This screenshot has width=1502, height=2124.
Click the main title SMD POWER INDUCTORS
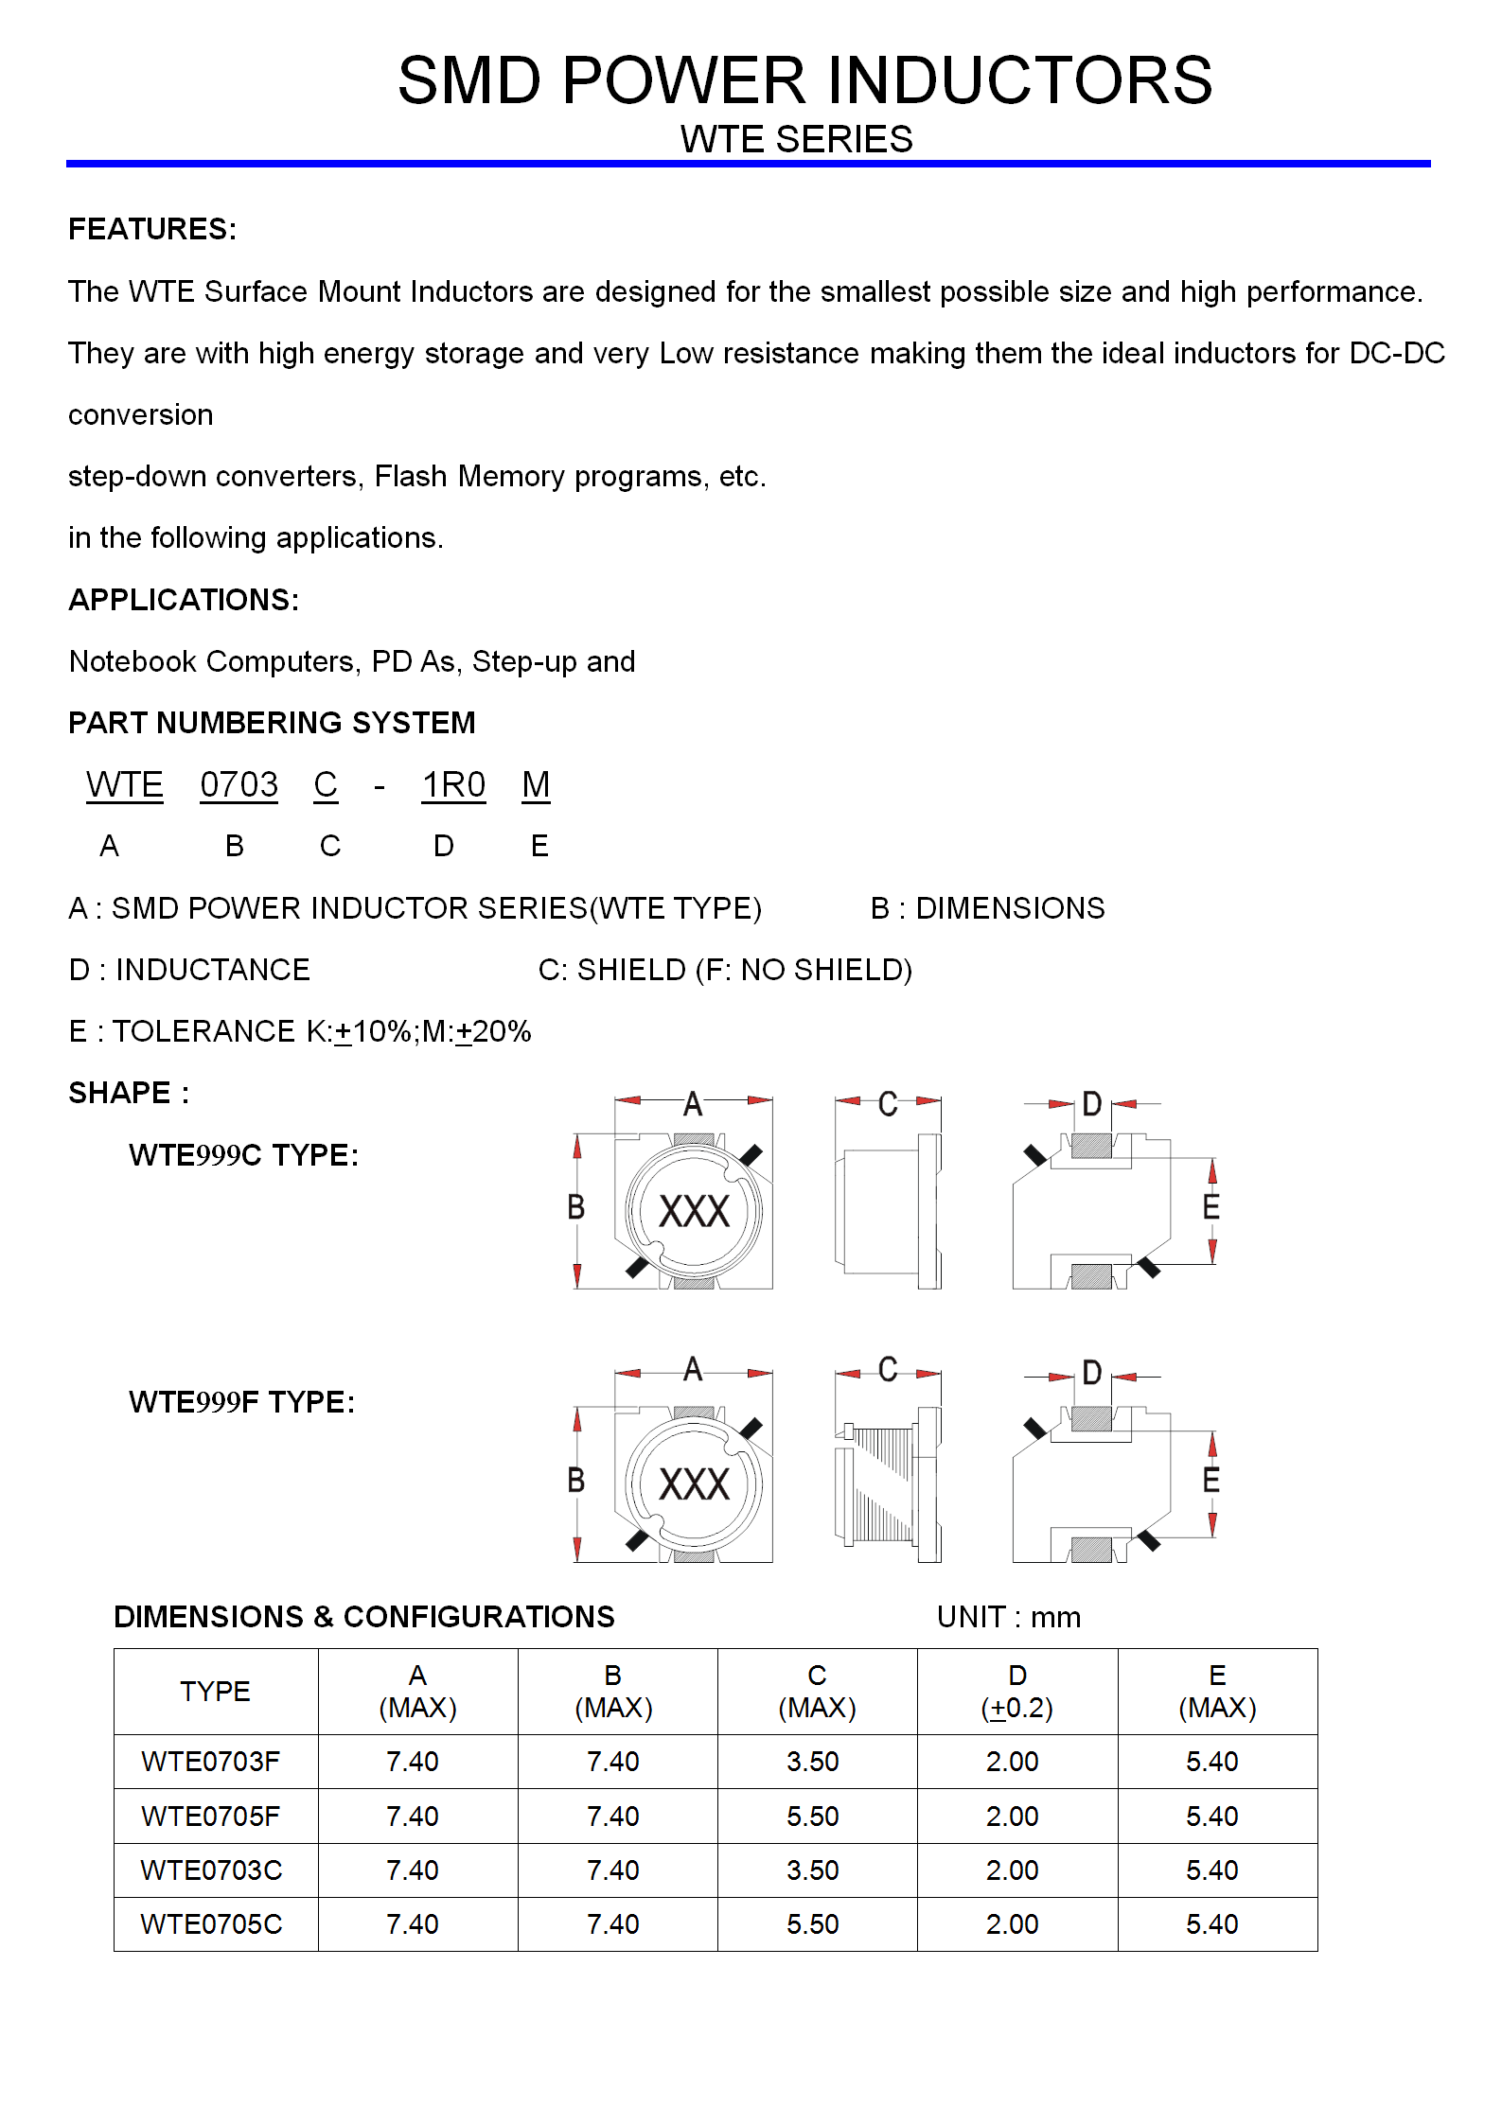pyautogui.click(x=804, y=80)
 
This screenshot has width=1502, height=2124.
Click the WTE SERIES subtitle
pyautogui.click(x=796, y=140)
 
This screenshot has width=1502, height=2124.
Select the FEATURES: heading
pyautogui.click(x=152, y=229)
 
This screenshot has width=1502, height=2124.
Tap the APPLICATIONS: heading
pyautogui.click(x=184, y=600)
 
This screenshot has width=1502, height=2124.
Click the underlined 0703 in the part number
pyautogui.click(x=239, y=785)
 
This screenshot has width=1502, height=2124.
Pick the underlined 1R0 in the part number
pyautogui.click(x=453, y=785)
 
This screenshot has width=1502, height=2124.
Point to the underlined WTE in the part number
pyautogui.click(x=125, y=785)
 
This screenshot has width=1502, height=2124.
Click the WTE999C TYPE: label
pyautogui.click(x=243, y=1155)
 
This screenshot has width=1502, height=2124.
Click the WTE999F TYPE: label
pyautogui.click(x=241, y=1402)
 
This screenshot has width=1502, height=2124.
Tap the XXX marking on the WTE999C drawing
pyautogui.click(x=695, y=1212)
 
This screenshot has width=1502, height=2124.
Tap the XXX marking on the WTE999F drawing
pyautogui.click(x=695, y=1484)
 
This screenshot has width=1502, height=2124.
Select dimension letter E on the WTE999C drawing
pyautogui.click(x=1210, y=1207)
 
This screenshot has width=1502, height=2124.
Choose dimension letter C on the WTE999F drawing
pyautogui.click(x=888, y=1370)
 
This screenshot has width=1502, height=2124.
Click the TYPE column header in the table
pyautogui.click(x=215, y=1692)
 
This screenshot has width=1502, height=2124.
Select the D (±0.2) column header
pyautogui.click(x=1017, y=1692)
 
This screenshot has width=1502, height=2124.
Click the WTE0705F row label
pyautogui.click(x=210, y=1817)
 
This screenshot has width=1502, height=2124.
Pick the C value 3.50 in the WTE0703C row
pyautogui.click(x=813, y=1870)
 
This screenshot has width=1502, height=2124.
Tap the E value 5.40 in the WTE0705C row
pyautogui.click(x=1212, y=1924)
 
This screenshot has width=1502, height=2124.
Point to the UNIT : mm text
pyautogui.click(x=1009, y=1617)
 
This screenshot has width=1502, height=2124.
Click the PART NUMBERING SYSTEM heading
pyautogui.click(x=272, y=723)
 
